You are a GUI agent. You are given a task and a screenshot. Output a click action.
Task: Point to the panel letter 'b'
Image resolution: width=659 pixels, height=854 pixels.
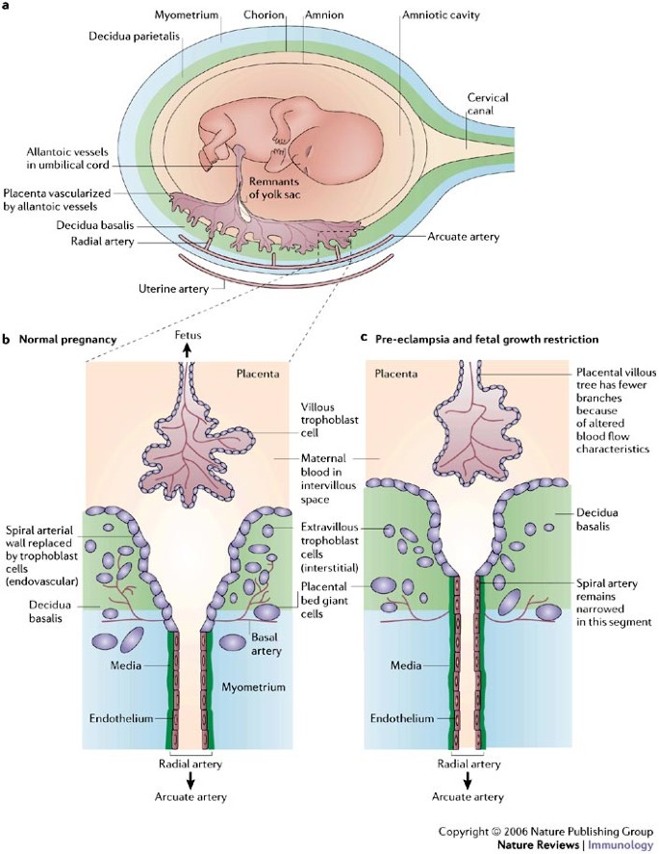click(7, 339)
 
